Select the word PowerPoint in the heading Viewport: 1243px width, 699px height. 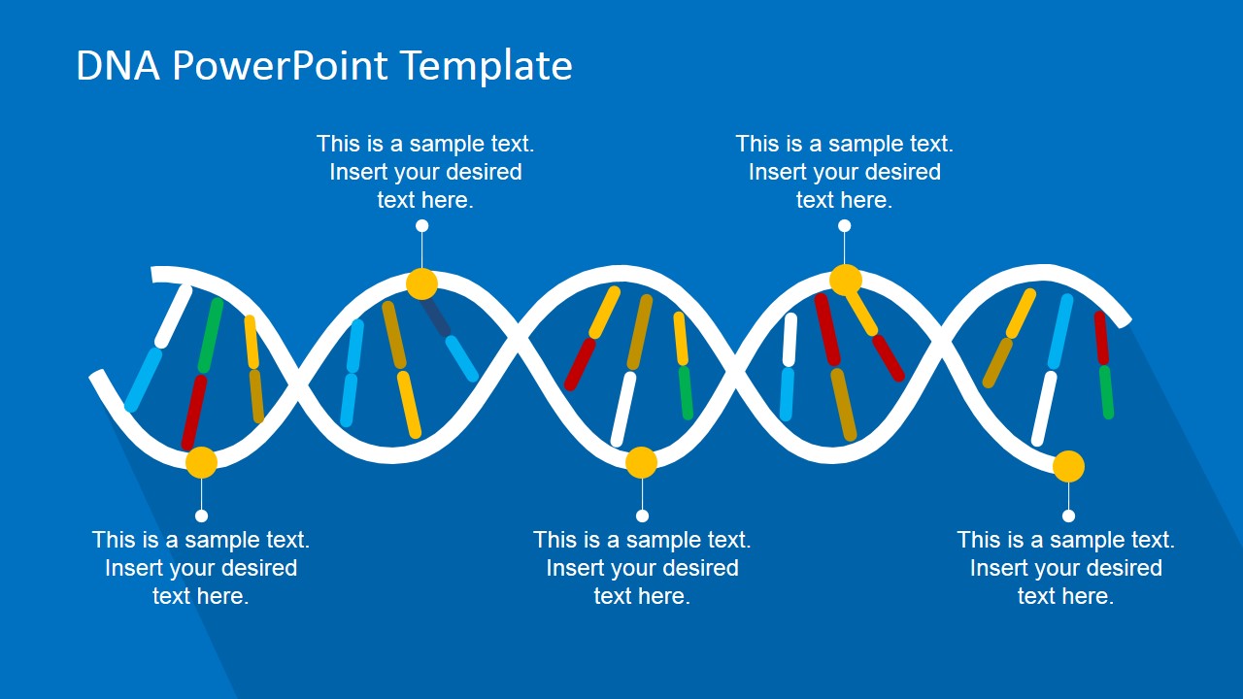281,66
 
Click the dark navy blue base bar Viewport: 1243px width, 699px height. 435,316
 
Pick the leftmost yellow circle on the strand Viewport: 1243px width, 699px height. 201,462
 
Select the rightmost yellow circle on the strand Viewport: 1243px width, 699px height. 1068,467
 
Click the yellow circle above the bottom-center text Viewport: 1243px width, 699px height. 641,462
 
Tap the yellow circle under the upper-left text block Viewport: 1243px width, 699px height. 421,283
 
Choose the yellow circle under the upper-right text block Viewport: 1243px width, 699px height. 845,280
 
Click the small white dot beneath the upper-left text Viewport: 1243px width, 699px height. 421,226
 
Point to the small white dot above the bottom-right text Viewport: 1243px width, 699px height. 1068,516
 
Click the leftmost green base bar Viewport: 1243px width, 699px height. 211,335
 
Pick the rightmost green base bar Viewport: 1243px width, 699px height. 1106,391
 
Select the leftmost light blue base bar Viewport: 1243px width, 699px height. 144,380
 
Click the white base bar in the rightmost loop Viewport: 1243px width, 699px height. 1044,408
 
